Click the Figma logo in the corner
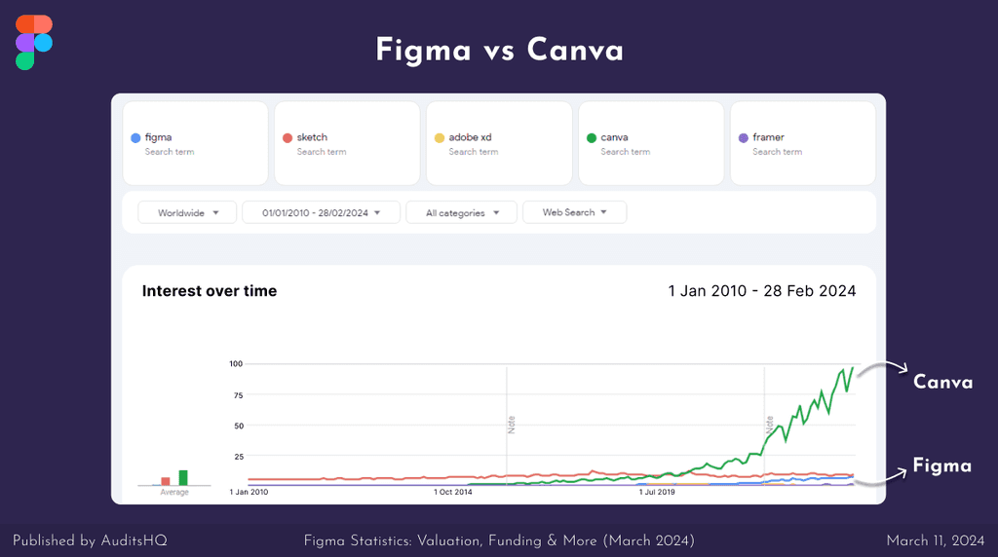[34, 42]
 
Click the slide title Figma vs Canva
[499, 50]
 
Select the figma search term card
[195, 143]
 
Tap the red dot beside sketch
[288, 138]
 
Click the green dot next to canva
[592, 138]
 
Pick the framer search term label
[768, 137]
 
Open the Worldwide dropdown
[187, 212]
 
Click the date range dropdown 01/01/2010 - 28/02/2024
[322, 212]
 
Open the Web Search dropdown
[574, 212]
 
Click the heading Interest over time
[210, 291]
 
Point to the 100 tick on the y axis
[235, 363]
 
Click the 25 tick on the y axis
[237, 456]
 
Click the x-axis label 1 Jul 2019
[657, 493]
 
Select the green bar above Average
[183, 477]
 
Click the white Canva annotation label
[942, 382]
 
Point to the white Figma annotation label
[941, 465]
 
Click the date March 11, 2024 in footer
[936, 539]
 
